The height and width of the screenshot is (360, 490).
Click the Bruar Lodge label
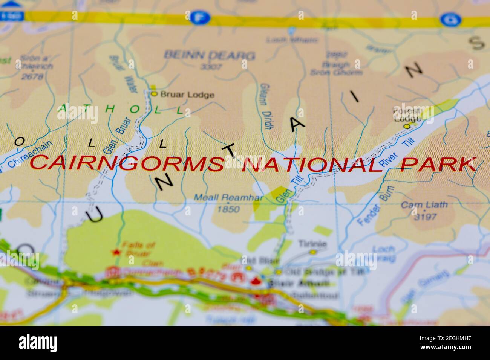(187, 95)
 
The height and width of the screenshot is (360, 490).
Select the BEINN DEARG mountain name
(209, 56)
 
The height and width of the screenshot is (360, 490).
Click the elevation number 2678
(32, 77)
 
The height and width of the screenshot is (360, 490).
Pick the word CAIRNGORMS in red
(126, 163)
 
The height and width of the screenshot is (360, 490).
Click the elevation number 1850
(229, 208)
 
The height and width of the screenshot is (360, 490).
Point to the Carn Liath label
(424, 205)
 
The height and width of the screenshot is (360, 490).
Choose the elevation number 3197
(425, 217)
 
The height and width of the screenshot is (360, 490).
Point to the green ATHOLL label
(121, 110)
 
